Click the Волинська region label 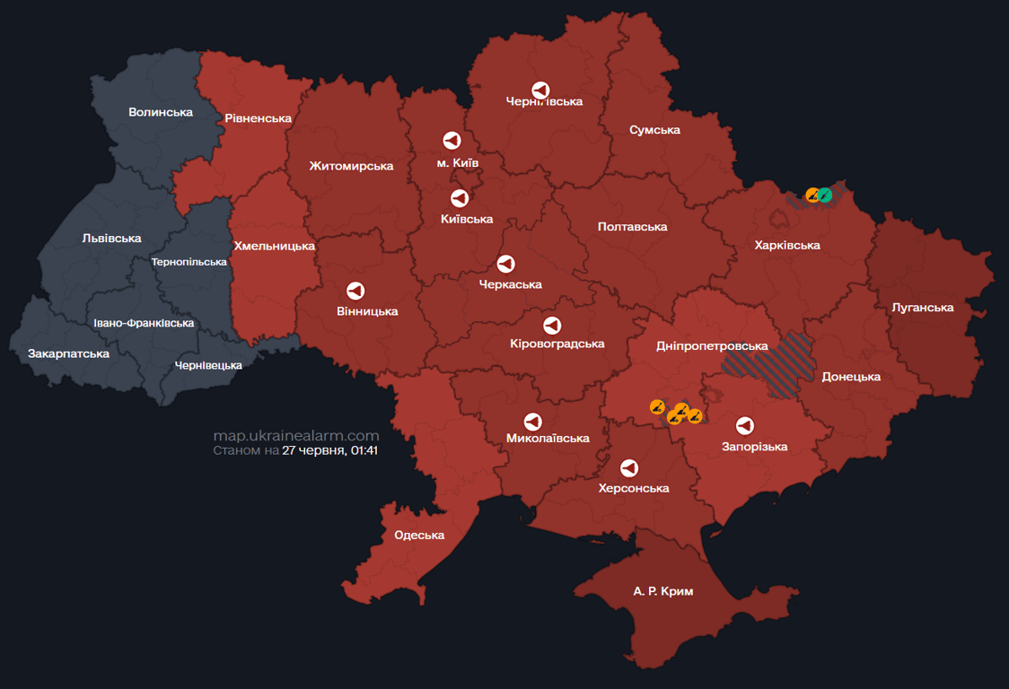[161, 112]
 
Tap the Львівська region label [111, 238]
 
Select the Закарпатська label [68, 353]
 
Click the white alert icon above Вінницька [355, 292]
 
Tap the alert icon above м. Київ [452, 141]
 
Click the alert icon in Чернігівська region [540, 90]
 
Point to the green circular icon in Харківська [825, 195]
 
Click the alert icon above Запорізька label [744, 425]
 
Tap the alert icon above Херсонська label [629, 467]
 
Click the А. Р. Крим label [662, 591]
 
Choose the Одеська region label [419, 535]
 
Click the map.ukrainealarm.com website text [296, 436]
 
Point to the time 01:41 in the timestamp [364, 450]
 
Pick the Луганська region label [922, 308]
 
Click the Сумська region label [654, 130]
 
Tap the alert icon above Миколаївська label [532, 422]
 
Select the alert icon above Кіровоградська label [552, 325]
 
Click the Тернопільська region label [189, 262]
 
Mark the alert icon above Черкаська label [505, 264]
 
